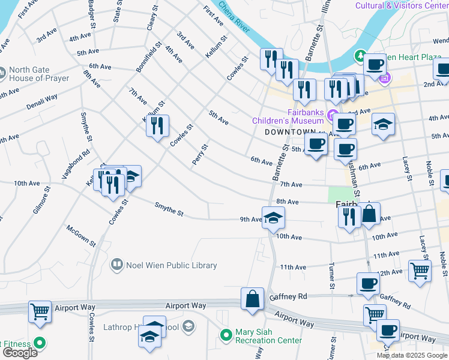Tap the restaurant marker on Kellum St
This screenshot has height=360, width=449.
tap(157, 127)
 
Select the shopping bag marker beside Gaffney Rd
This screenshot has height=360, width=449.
tap(253, 299)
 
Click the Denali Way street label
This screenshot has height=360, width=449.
tap(41, 101)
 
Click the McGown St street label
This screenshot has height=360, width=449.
tap(81, 236)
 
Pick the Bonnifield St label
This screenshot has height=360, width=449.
tap(149, 57)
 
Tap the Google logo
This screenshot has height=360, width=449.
tap(20, 353)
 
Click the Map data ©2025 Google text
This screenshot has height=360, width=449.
tap(412, 355)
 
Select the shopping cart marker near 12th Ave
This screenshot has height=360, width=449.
tap(419, 270)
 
